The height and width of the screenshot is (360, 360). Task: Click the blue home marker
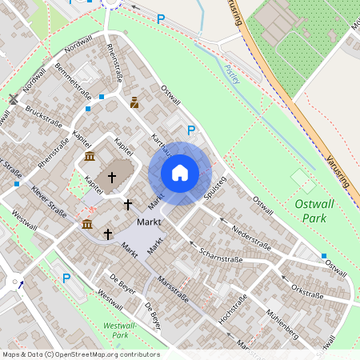180,173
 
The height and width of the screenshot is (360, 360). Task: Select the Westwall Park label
116,330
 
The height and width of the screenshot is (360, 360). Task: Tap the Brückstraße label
44,120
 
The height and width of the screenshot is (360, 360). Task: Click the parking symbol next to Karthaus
190,130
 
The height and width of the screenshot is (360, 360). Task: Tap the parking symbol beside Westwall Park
66,278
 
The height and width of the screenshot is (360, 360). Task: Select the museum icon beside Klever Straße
86,223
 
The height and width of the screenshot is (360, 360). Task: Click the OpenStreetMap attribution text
80,354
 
